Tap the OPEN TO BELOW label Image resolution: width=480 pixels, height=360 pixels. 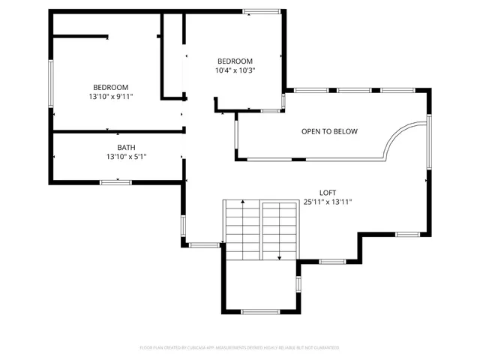point(329,132)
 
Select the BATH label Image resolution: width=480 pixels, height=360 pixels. point(126,148)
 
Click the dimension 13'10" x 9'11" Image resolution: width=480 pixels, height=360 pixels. point(110,97)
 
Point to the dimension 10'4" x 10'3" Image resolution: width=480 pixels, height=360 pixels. point(235,70)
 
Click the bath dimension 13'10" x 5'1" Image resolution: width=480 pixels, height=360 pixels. point(126,157)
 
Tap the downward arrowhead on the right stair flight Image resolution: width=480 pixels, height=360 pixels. point(280,258)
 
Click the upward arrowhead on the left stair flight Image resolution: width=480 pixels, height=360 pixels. point(242,202)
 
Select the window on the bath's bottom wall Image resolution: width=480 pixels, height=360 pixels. point(116,181)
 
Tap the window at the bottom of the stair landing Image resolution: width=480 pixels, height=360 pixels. point(260,311)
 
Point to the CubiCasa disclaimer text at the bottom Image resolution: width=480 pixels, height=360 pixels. point(240,348)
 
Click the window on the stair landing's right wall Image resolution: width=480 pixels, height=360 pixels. point(298,284)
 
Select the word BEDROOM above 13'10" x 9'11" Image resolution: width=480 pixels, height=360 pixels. point(110,87)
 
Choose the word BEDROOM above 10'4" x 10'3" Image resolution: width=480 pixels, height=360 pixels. point(235,61)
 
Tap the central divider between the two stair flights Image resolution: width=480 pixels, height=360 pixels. point(260,229)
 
